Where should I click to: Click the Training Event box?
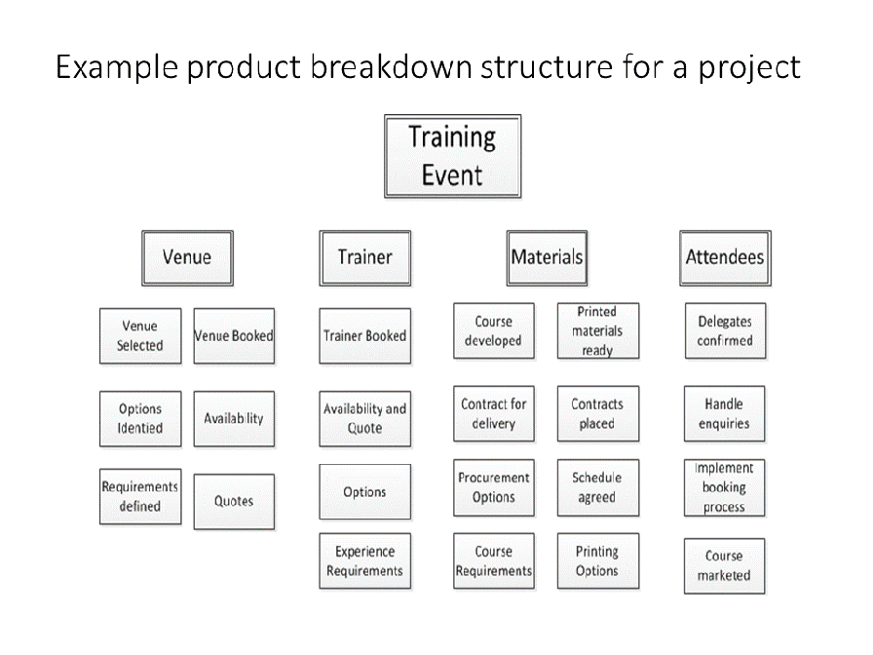pyautogui.click(x=453, y=156)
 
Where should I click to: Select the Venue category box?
pyautogui.click(x=187, y=258)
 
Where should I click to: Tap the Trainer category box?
pyautogui.click(x=364, y=258)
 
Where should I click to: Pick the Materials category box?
pyautogui.click(x=547, y=258)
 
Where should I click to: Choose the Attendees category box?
pyautogui.click(x=725, y=258)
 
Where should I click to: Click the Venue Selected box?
pyautogui.click(x=140, y=336)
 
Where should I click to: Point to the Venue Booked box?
pyautogui.click(x=234, y=336)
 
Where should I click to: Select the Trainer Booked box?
pyautogui.click(x=364, y=336)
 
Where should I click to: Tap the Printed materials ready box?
pyautogui.click(x=598, y=330)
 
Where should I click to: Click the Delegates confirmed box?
pyautogui.click(x=725, y=330)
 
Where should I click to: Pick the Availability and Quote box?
pyautogui.click(x=364, y=419)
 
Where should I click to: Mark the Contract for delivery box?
pyautogui.click(x=494, y=414)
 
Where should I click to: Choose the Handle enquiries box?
pyautogui.click(x=724, y=414)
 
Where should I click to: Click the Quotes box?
pyautogui.click(x=234, y=501)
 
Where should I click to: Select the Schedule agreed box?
pyautogui.click(x=598, y=488)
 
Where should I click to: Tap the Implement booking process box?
pyautogui.click(x=724, y=488)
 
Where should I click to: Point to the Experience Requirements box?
pyautogui.click(x=364, y=560)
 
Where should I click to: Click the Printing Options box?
pyautogui.click(x=598, y=560)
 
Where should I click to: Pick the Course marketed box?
pyautogui.click(x=724, y=566)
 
